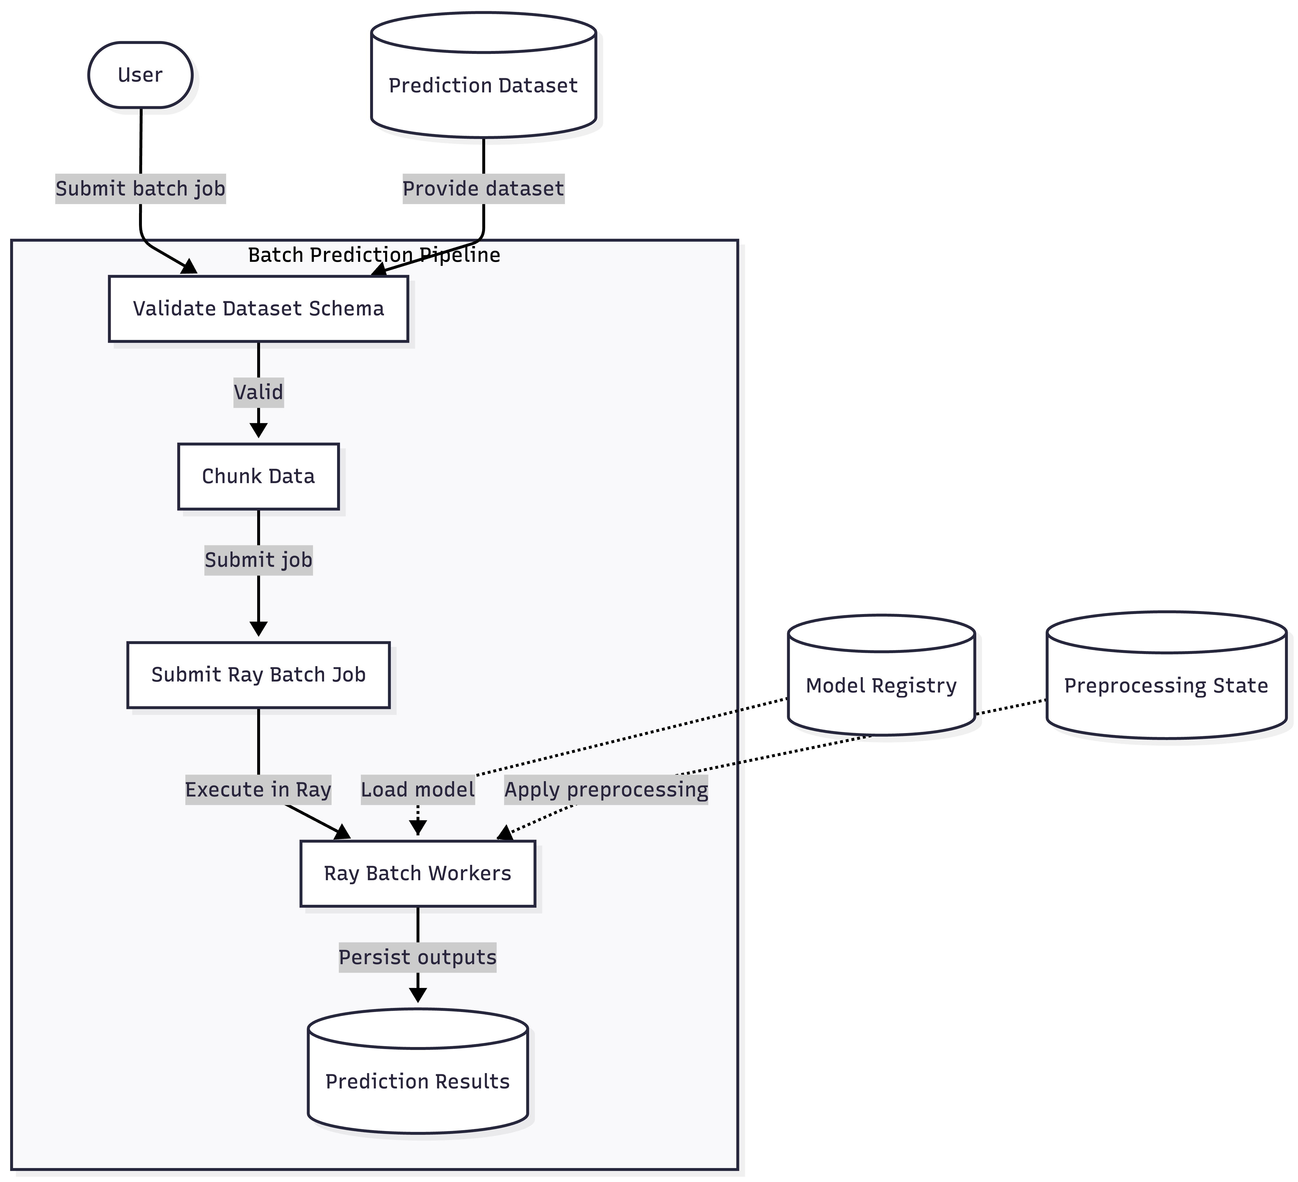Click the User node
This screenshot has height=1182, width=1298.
click(140, 75)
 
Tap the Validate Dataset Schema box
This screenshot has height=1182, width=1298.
click(258, 308)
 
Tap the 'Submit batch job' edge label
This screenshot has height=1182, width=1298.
click(140, 189)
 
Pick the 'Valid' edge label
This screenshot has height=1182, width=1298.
click(258, 392)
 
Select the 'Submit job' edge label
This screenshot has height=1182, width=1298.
click(258, 560)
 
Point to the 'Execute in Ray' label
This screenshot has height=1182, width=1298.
click(258, 789)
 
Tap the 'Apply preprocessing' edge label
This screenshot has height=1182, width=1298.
click(606, 789)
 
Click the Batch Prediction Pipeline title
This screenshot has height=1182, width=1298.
click(374, 255)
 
